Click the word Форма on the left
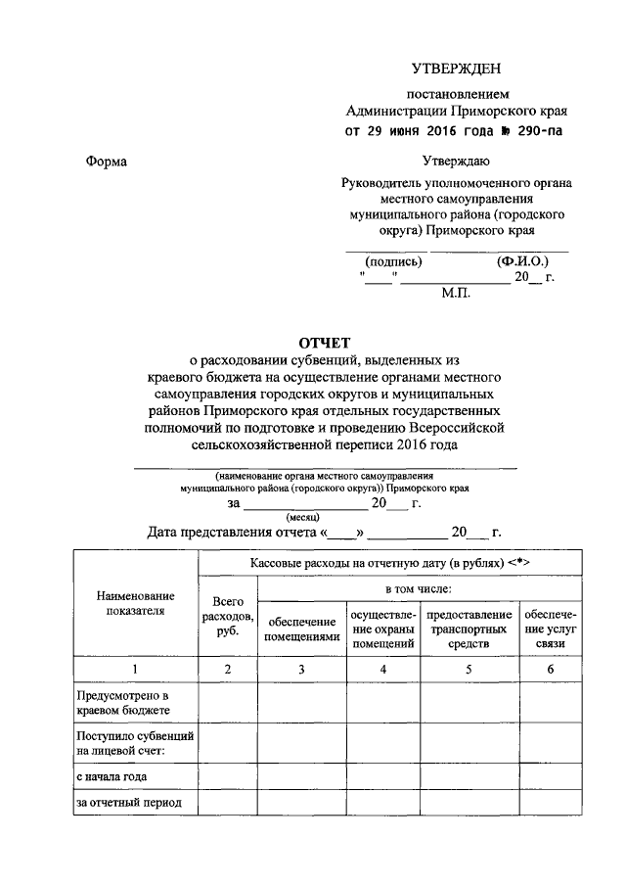(106, 160)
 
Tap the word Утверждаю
(456, 160)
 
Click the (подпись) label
(393, 261)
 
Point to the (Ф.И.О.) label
(522, 261)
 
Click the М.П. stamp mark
(456, 293)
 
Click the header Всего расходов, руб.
(227, 617)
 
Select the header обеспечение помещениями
(301, 630)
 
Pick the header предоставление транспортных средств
(469, 630)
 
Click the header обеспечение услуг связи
(551, 630)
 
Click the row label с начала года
(112, 776)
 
